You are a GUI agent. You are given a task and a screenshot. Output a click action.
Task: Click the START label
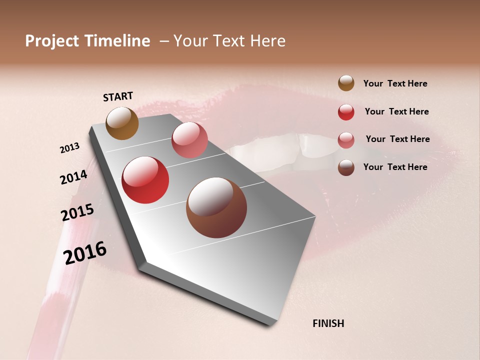click(x=118, y=96)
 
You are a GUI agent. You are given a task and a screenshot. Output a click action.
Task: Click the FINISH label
click(x=328, y=323)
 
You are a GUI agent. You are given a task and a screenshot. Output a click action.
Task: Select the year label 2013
click(x=70, y=148)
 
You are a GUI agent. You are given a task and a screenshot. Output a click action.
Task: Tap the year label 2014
click(x=73, y=177)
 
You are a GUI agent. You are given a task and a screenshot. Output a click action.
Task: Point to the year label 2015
click(x=77, y=212)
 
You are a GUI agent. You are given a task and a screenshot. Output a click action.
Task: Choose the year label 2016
click(x=85, y=253)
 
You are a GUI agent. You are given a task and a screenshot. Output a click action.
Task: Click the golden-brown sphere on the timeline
click(x=122, y=123)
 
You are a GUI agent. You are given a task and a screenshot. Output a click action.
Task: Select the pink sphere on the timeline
click(x=189, y=140)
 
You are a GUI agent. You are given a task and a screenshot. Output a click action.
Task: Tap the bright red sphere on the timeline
click(x=145, y=180)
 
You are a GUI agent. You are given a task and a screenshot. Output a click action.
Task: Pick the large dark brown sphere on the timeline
click(x=216, y=207)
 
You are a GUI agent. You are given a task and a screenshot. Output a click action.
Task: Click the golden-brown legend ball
click(x=346, y=83)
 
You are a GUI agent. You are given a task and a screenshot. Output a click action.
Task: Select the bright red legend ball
click(x=346, y=112)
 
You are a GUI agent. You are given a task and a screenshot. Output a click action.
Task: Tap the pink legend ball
click(x=346, y=139)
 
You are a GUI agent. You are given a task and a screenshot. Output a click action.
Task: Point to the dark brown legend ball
click(x=346, y=167)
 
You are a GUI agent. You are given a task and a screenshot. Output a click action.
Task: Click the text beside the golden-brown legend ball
click(x=395, y=84)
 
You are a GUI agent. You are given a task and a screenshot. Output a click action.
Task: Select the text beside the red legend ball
click(x=396, y=112)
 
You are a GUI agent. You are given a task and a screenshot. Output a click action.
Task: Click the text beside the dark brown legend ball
click(x=395, y=167)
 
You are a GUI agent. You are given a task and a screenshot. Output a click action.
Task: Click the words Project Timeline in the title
click(x=87, y=41)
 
